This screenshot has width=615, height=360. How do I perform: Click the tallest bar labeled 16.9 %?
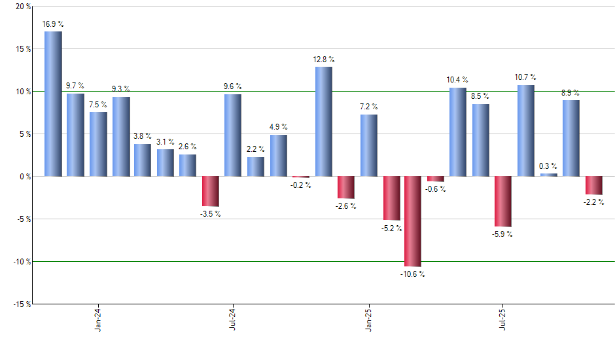(x=54, y=103)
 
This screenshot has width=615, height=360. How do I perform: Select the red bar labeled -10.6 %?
(x=413, y=221)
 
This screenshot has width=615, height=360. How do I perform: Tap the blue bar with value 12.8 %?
(x=324, y=122)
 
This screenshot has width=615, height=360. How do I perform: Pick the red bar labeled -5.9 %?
(x=503, y=202)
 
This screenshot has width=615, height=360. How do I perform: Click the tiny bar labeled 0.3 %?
(x=549, y=175)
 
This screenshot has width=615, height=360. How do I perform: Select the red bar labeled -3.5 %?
(x=211, y=191)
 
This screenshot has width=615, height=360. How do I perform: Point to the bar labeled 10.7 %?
(x=526, y=131)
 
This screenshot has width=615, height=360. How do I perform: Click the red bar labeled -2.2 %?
(x=593, y=185)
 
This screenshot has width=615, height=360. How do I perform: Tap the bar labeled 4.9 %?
(x=279, y=156)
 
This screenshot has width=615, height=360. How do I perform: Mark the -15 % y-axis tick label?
(x=20, y=304)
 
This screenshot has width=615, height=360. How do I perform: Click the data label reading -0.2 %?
(x=301, y=185)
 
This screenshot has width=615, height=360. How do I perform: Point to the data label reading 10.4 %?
(x=458, y=80)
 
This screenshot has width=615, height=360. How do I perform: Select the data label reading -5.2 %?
(x=391, y=228)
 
